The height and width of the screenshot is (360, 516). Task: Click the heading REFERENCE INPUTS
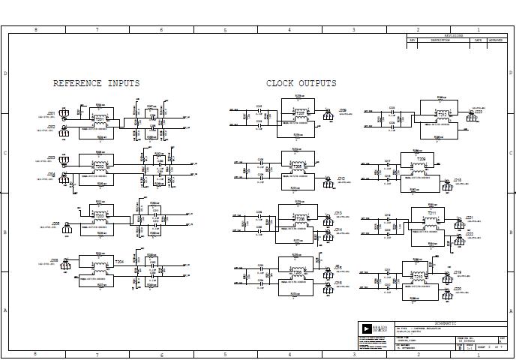[x=96, y=83]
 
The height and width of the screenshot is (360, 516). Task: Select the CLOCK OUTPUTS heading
[x=301, y=83]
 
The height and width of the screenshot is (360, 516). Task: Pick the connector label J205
[x=55, y=223]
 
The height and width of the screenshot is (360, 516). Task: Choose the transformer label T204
[x=119, y=262]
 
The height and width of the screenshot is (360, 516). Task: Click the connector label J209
[x=343, y=109]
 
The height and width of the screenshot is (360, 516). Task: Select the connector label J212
[x=340, y=178]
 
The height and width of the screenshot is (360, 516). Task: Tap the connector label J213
[x=338, y=213]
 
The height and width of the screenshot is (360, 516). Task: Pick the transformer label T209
[x=421, y=160]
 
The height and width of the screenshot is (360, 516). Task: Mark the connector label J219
[x=457, y=271]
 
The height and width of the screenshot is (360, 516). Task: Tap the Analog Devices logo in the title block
[x=366, y=328]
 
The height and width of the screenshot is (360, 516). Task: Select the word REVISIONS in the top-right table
[x=454, y=35]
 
